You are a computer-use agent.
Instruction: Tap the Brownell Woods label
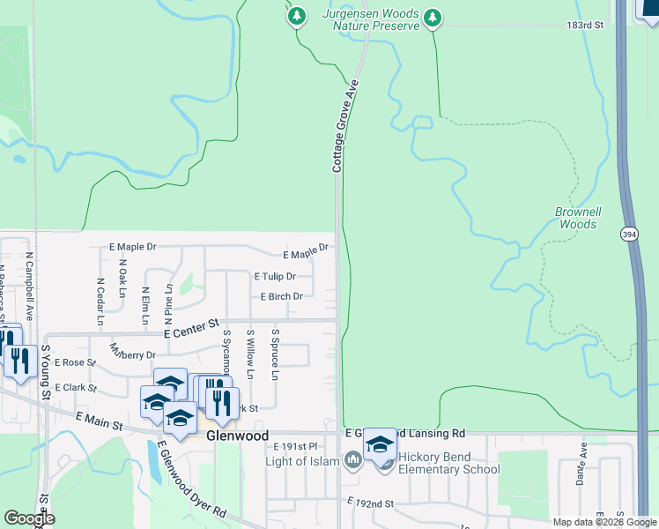577,218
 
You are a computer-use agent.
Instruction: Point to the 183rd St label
584,26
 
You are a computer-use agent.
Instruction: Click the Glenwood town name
237,436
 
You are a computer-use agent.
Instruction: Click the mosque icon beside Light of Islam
352,460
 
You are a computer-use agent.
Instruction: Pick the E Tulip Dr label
274,277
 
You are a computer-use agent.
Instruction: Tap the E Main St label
100,421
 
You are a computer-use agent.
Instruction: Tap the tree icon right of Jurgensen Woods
432,17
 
